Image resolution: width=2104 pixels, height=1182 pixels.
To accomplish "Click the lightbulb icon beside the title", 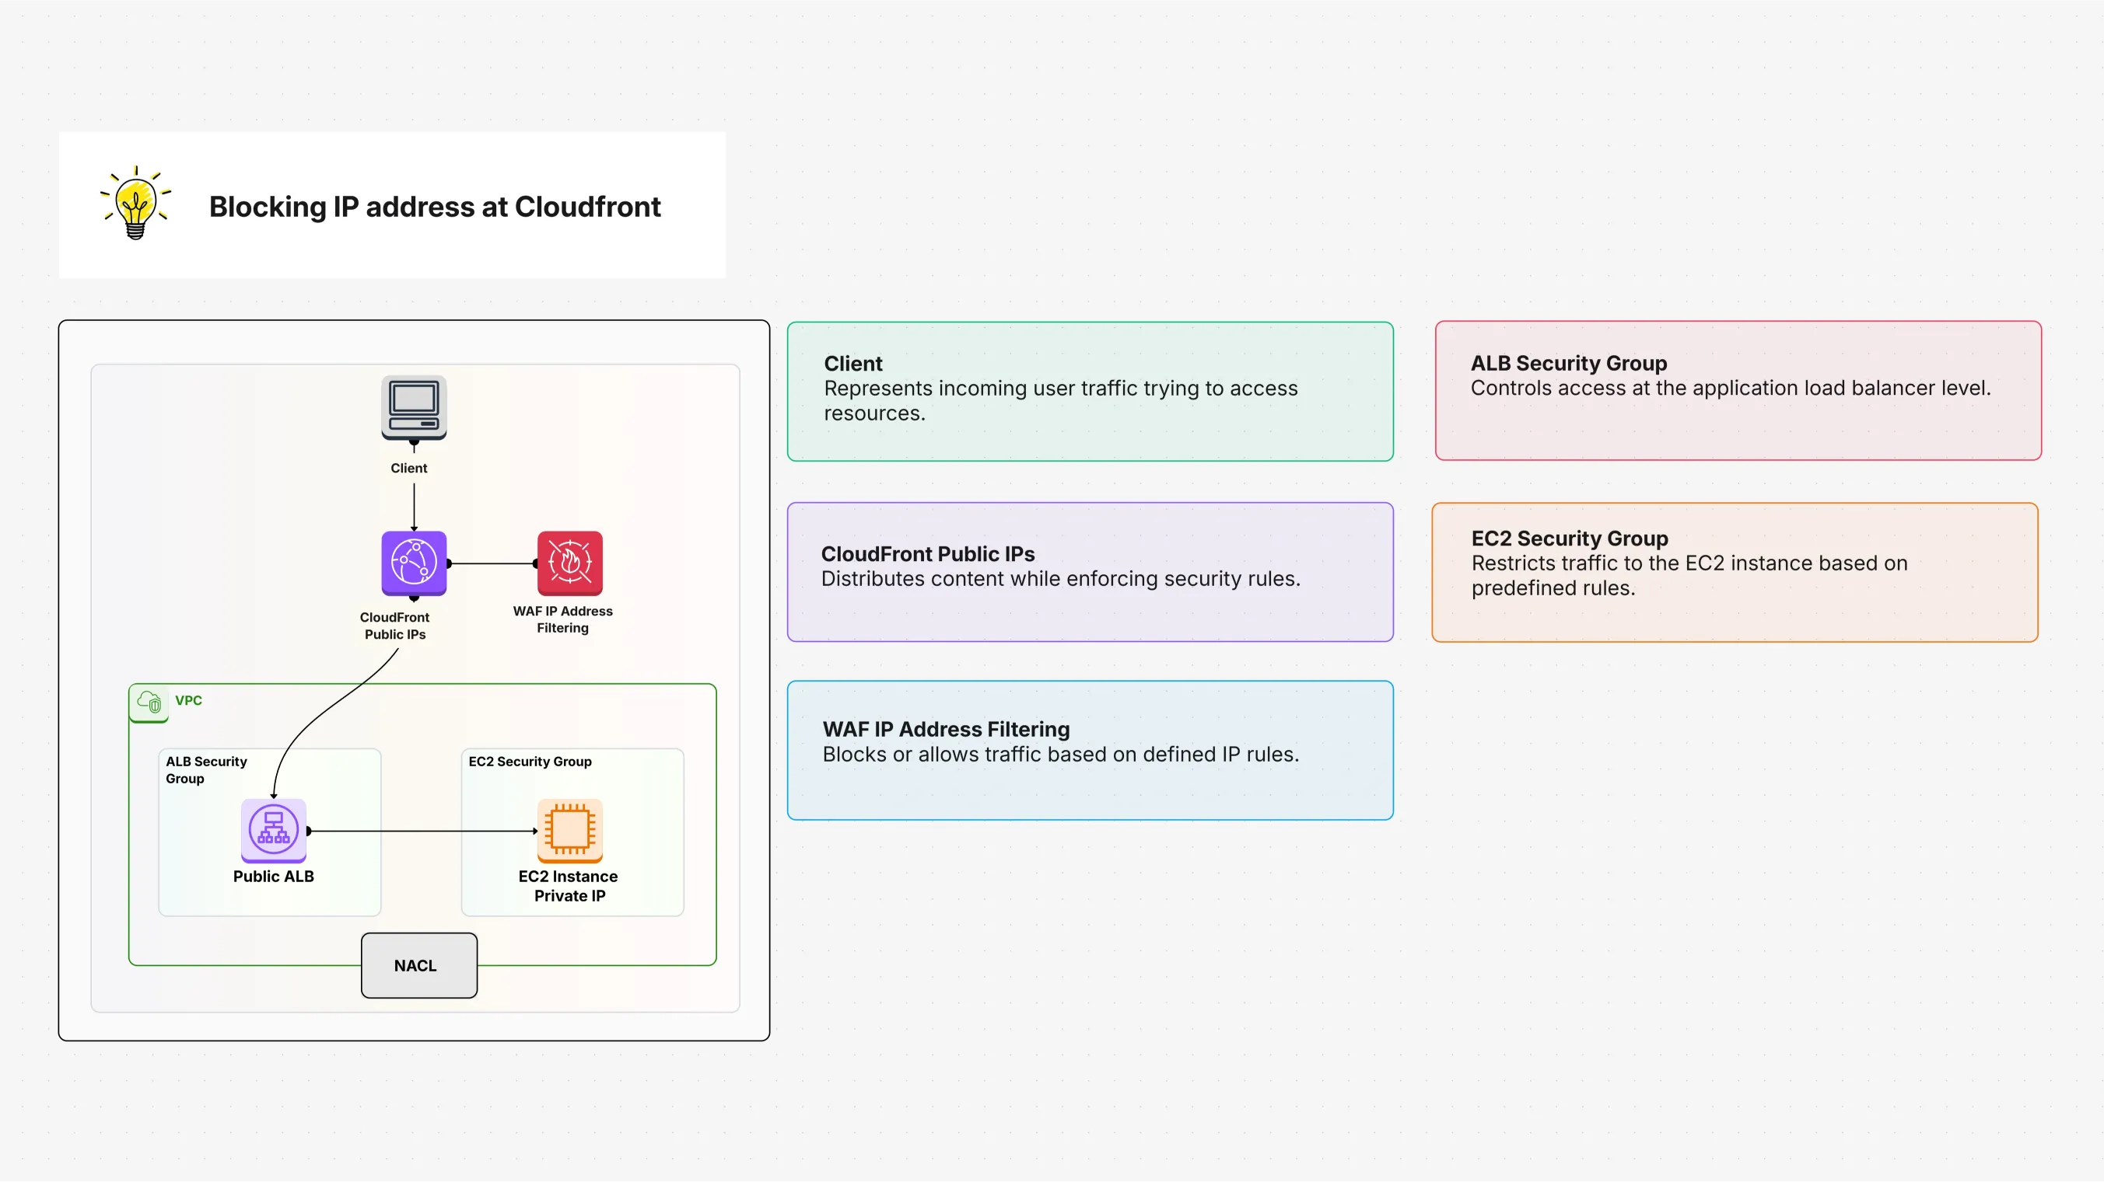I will [x=135, y=204].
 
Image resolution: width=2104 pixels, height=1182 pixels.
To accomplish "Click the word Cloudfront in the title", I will [x=587, y=207].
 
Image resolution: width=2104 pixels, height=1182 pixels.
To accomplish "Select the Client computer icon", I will [x=413, y=407].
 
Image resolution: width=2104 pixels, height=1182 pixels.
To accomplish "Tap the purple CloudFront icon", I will [x=413, y=563].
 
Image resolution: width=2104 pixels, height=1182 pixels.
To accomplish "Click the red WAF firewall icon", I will [x=569, y=563].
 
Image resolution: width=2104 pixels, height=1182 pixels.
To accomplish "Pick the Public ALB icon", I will [x=273, y=829].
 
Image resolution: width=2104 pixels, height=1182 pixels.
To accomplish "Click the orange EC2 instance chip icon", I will [x=569, y=829].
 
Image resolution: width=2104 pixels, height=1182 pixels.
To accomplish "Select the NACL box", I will [x=419, y=965].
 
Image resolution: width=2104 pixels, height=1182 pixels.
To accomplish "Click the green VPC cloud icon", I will [x=149, y=701].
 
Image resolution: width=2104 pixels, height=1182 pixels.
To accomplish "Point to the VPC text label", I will [x=189, y=700].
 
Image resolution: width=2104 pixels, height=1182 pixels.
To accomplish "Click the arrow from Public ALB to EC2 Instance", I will [x=421, y=831].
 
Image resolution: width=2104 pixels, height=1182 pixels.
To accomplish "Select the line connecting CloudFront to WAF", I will [x=492, y=563].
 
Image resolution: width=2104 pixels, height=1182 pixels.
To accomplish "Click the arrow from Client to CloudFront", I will [x=414, y=506].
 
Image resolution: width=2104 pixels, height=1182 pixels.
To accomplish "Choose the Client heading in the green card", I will [x=852, y=363].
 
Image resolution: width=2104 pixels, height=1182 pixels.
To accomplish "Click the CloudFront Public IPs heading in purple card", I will [x=927, y=553].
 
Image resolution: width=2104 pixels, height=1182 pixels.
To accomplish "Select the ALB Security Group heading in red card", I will [x=1568, y=363].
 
